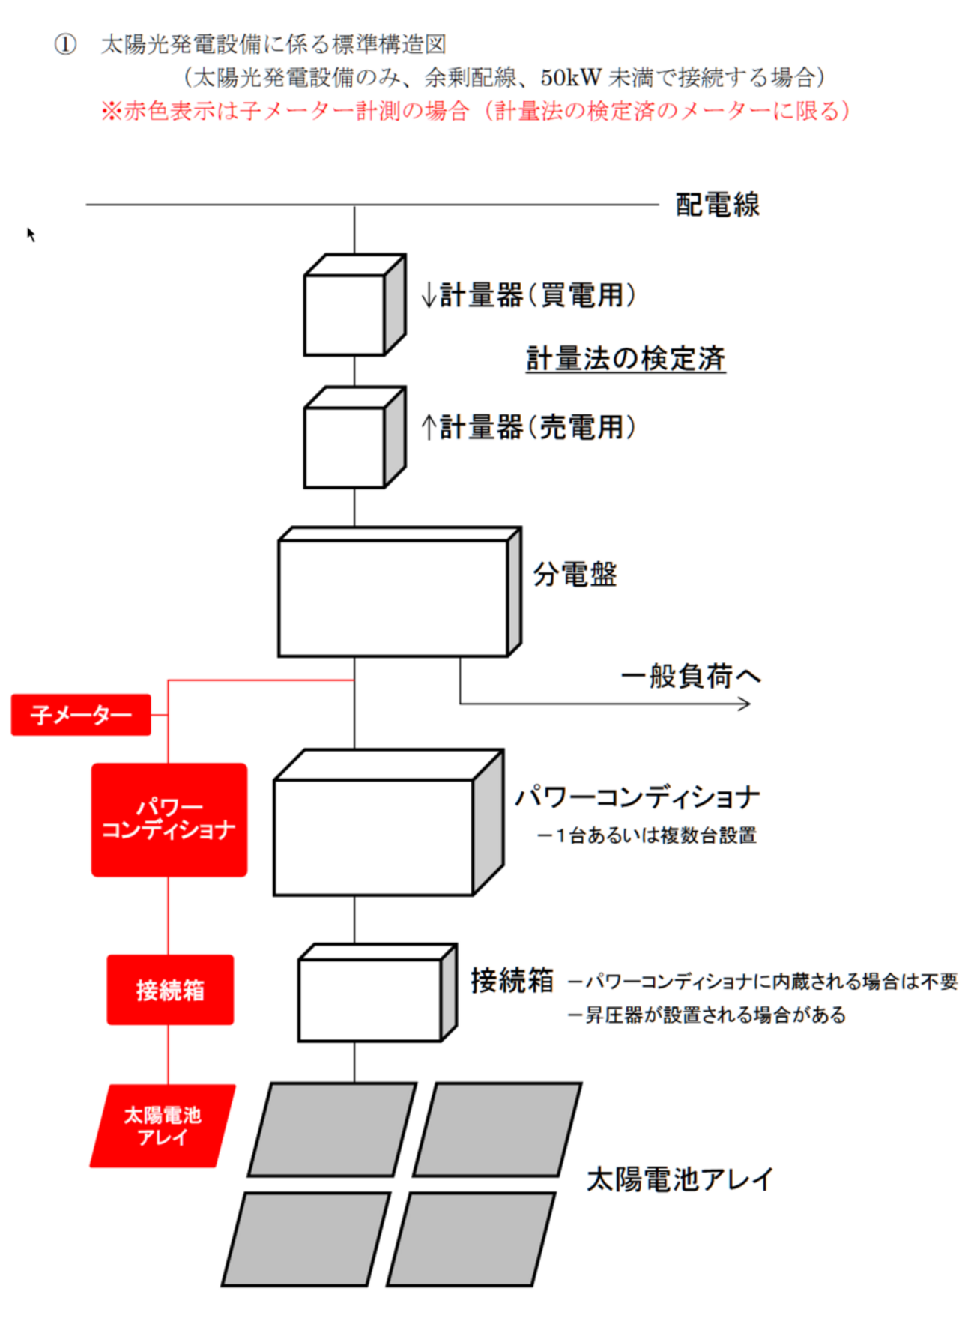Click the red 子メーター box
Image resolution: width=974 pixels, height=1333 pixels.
pos(81,715)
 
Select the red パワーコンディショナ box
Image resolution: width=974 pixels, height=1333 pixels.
pos(169,820)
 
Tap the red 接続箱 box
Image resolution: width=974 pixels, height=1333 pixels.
pos(170,990)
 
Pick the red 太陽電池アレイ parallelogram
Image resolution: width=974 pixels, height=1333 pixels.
pos(163,1126)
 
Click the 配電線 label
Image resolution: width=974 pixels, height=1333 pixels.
pos(717,205)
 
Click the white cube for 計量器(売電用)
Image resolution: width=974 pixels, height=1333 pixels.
pos(345,447)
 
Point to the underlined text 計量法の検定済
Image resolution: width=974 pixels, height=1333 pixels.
pos(626,359)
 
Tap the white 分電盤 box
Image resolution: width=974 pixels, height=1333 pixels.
pos(393,597)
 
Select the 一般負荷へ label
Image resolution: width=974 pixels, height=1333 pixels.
pos(690,676)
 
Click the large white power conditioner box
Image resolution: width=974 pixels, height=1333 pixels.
pos(375,836)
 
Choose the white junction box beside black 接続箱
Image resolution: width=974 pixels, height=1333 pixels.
pos(370,1000)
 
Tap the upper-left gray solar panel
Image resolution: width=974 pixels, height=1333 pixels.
pos(332,1129)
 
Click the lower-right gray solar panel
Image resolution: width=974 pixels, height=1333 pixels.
pos(471,1239)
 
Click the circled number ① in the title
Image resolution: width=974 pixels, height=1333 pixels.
pos(65,45)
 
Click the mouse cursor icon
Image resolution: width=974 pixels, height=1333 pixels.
pos(31,235)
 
